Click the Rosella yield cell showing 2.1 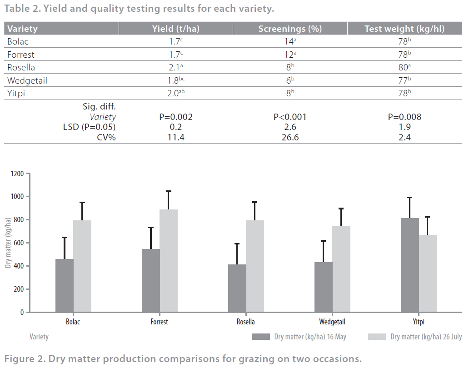click(175, 68)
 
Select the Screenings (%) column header click(290, 29)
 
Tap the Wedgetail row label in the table click(27, 81)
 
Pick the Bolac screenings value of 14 click(290, 42)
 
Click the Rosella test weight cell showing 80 click(404, 68)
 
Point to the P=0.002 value click(176, 117)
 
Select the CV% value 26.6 click(290, 137)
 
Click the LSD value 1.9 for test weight click(404, 127)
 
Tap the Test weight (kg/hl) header click(404, 29)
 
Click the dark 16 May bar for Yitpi click(410, 265)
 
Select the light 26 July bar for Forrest click(169, 261)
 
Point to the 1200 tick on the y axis click(18, 174)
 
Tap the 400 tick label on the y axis click(19, 266)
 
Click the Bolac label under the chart click(73, 322)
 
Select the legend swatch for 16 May click(260, 337)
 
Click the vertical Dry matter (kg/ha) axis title click(8, 243)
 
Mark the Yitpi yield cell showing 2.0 click(175, 94)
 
